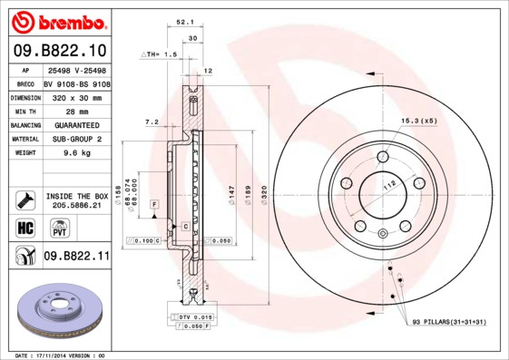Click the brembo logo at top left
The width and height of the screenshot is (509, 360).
coord(57,20)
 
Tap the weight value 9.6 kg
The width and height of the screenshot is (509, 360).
coord(64,153)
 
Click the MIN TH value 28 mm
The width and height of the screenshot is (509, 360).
coord(64,111)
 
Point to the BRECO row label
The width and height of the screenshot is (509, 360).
coord(26,83)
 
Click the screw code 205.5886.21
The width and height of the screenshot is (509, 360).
coord(77,206)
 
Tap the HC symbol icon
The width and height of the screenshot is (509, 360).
coord(25,227)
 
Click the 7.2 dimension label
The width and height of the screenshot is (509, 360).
coord(152,121)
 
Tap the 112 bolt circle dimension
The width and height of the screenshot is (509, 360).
coord(390,187)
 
